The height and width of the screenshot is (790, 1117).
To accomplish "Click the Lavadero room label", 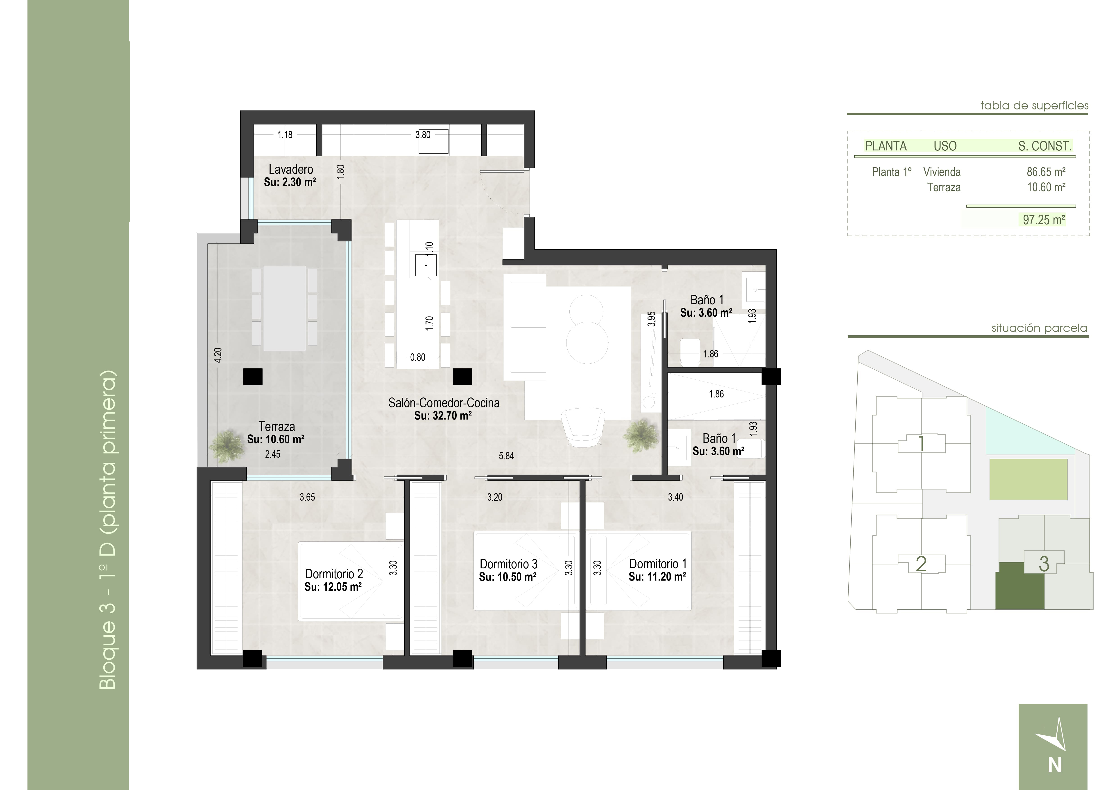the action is [291, 169].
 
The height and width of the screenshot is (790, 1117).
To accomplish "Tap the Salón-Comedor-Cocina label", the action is [444, 403].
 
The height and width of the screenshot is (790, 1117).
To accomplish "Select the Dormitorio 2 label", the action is [334, 574].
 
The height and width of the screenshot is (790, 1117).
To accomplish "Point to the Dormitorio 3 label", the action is [508, 564].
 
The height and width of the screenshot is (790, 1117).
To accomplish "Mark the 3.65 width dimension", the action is [307, 497].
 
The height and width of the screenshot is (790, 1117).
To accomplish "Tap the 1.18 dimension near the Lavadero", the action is [285, 135].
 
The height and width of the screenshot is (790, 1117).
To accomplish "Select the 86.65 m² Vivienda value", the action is [1046, 172].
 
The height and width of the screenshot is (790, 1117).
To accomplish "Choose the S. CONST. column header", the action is [1045, 146].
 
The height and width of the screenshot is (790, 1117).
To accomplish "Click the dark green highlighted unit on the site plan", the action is [1020, 586].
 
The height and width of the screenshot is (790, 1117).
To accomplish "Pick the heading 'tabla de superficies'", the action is [1034, 106].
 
